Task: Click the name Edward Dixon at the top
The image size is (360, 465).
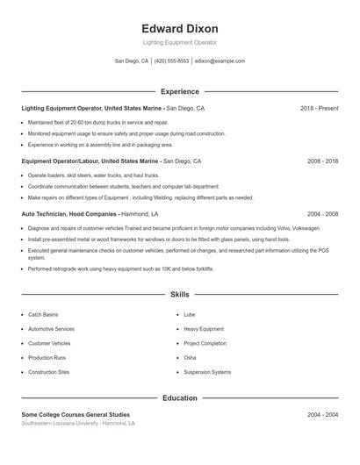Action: [x=180, y=28]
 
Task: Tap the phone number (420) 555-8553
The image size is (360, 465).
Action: [x=171, y=61]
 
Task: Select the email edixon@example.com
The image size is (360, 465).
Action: [x=220, y=61]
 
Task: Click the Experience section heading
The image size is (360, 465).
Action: [x=180, y=91]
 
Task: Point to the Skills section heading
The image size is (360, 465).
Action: [x=180, y=295]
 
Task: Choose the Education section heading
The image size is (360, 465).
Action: [x=180, y=397]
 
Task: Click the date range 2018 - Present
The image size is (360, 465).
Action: [x=319, y=109]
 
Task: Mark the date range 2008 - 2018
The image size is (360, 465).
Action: [x=322, y=161]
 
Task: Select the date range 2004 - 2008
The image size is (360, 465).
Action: [x=322, y=214]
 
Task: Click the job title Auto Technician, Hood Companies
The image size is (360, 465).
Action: [x=68, y=214]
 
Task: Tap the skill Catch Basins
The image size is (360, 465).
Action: [x=43, y=314]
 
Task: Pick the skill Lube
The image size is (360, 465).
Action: [x=190, y=314]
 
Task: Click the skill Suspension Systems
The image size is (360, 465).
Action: [x=207, y=372]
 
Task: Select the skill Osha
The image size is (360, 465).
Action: [x=190, y=358]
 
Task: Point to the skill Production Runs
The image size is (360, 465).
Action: [x=47, y=358]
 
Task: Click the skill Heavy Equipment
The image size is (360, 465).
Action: [x=204, y=329]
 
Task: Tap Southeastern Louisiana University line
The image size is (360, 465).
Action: [x=78, y=423]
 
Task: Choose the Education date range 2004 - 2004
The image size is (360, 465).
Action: [x=322, y=414]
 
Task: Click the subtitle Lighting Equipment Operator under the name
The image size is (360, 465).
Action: [x=180, y=42]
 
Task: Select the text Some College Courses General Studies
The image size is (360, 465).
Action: [x=76, y=414]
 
